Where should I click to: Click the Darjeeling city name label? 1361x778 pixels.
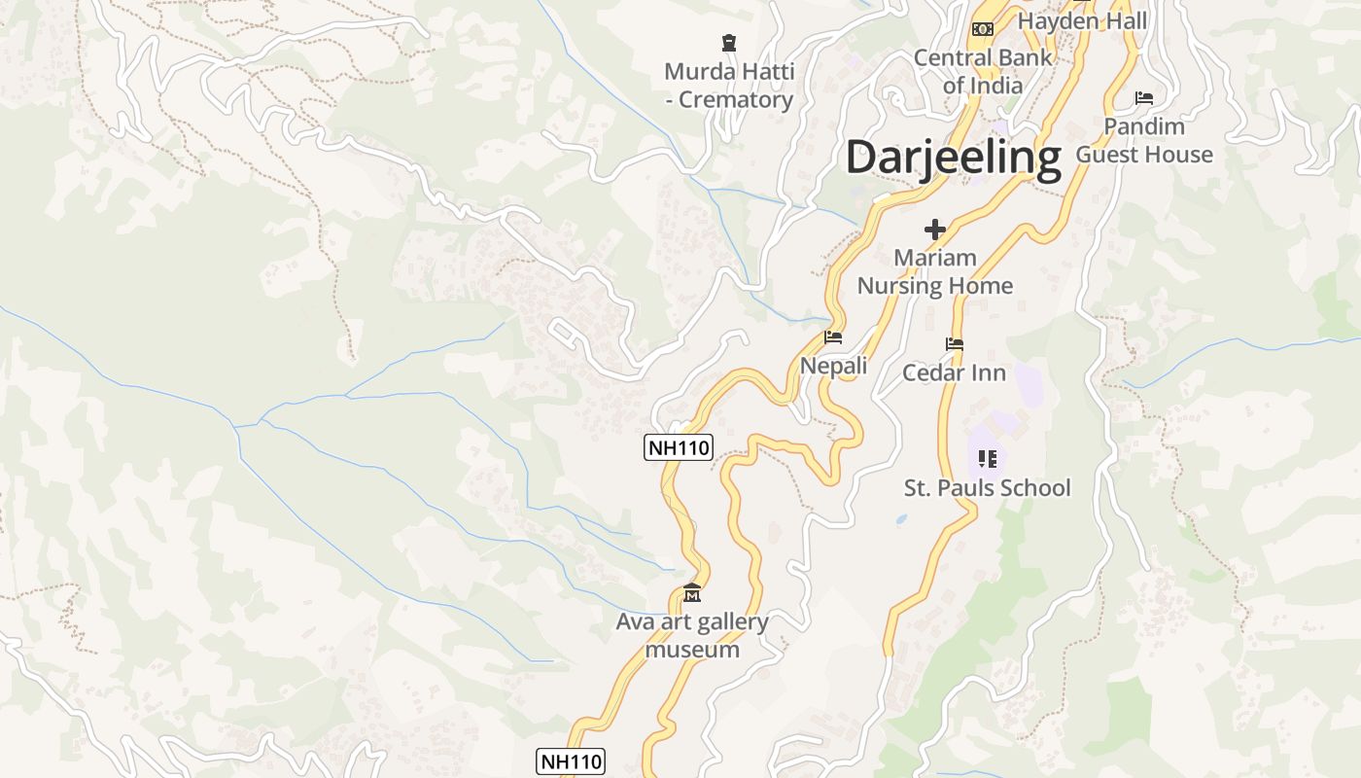click(x=953, y=158)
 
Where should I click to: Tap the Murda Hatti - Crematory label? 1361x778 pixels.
click(x=729, y=86)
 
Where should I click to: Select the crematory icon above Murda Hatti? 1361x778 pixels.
click(x=729, y=42)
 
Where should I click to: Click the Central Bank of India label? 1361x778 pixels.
click(x=983, y=71)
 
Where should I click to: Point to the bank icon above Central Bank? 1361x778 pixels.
click(x=983, y=29)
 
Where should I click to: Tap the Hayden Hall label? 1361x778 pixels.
click(x=1082, y=20)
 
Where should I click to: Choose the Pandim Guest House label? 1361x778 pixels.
click(x=1144, y=140)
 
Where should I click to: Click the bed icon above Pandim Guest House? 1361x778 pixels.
click(x=1144, y=98)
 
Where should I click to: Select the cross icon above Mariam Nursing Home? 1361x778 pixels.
click(x=935, y=230)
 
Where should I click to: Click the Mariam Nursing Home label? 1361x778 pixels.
click(x=935, y=271)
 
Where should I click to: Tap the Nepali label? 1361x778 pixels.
click(x=833, y=366)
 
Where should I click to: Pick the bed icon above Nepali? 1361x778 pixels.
click(x=833, y=337)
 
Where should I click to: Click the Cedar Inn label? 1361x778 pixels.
click(x=954, y=372)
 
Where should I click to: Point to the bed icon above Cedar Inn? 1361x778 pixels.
click(x=955, y=344)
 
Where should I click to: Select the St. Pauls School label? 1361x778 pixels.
click(x=987, y=487)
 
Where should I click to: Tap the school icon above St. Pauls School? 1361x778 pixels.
click(x=988, y=458)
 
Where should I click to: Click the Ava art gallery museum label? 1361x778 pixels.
click(x=692, y=635)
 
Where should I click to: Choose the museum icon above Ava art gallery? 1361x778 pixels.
click(x=692, y=592)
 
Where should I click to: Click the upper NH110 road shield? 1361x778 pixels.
click(x=679, y=447)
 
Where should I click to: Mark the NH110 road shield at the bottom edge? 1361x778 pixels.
click(x=571, y=761)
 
